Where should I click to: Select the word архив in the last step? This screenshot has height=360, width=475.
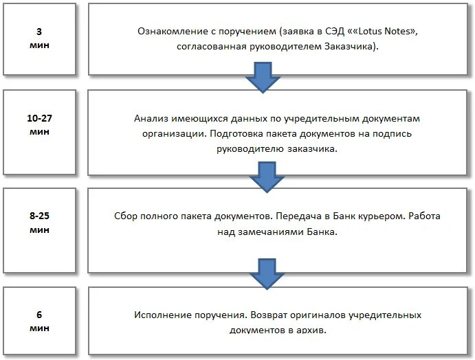310,330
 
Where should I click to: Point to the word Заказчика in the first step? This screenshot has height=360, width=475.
351,47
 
